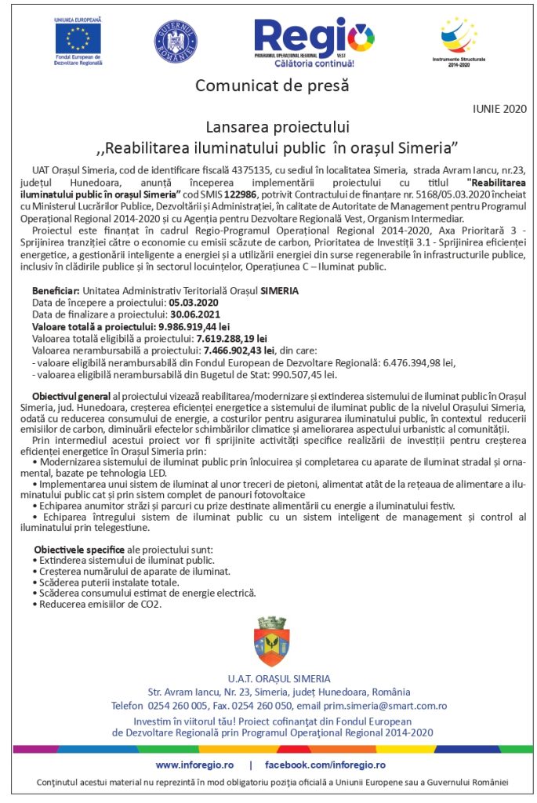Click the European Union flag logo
tap(78, 38)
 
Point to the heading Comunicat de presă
tap(271, 84)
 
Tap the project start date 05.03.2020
tap(194, 301)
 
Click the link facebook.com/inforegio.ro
tap(325, 764)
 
